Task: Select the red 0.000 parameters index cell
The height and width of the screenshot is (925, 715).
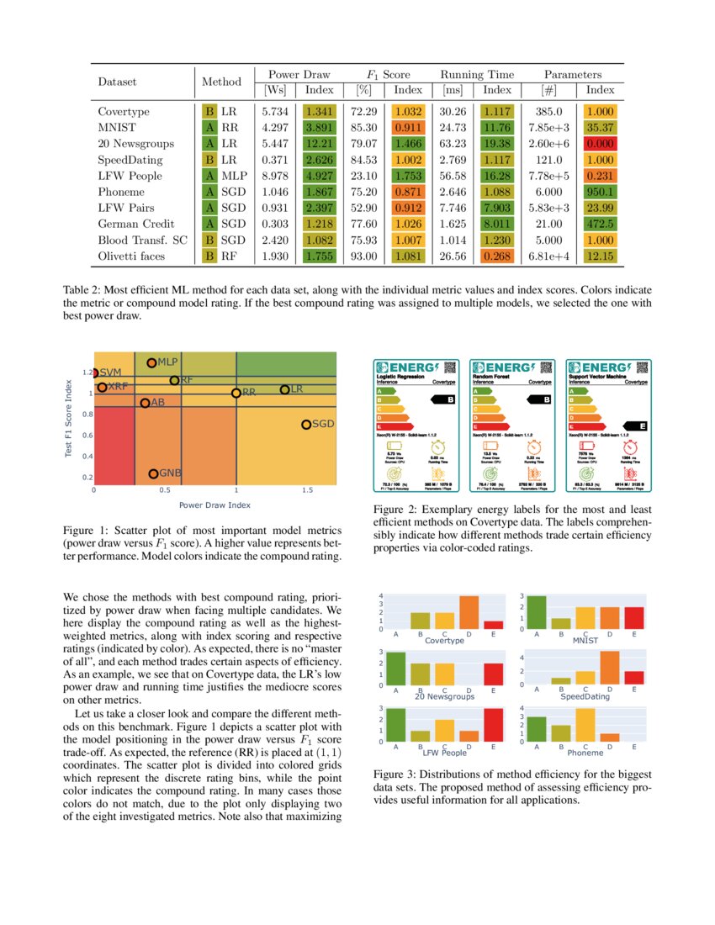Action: tap(600, 144)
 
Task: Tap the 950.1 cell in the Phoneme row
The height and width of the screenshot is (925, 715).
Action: tap(600, 192)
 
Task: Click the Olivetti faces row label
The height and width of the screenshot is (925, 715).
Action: tap(130, 256)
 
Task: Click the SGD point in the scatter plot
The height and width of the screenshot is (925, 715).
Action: tap(306, 425)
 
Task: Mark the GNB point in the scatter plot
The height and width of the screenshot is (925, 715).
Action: tap(153, 474)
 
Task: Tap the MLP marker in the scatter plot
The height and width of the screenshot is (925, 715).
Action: tap(151, 362)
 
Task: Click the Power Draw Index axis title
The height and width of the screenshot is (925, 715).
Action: tap(214, 505)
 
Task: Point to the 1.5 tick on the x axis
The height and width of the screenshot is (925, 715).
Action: tap(306, 489)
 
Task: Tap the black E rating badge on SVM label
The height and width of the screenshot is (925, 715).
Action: tap(643, 426)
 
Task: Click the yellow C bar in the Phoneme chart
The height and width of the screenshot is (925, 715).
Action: tap(585, 724)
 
